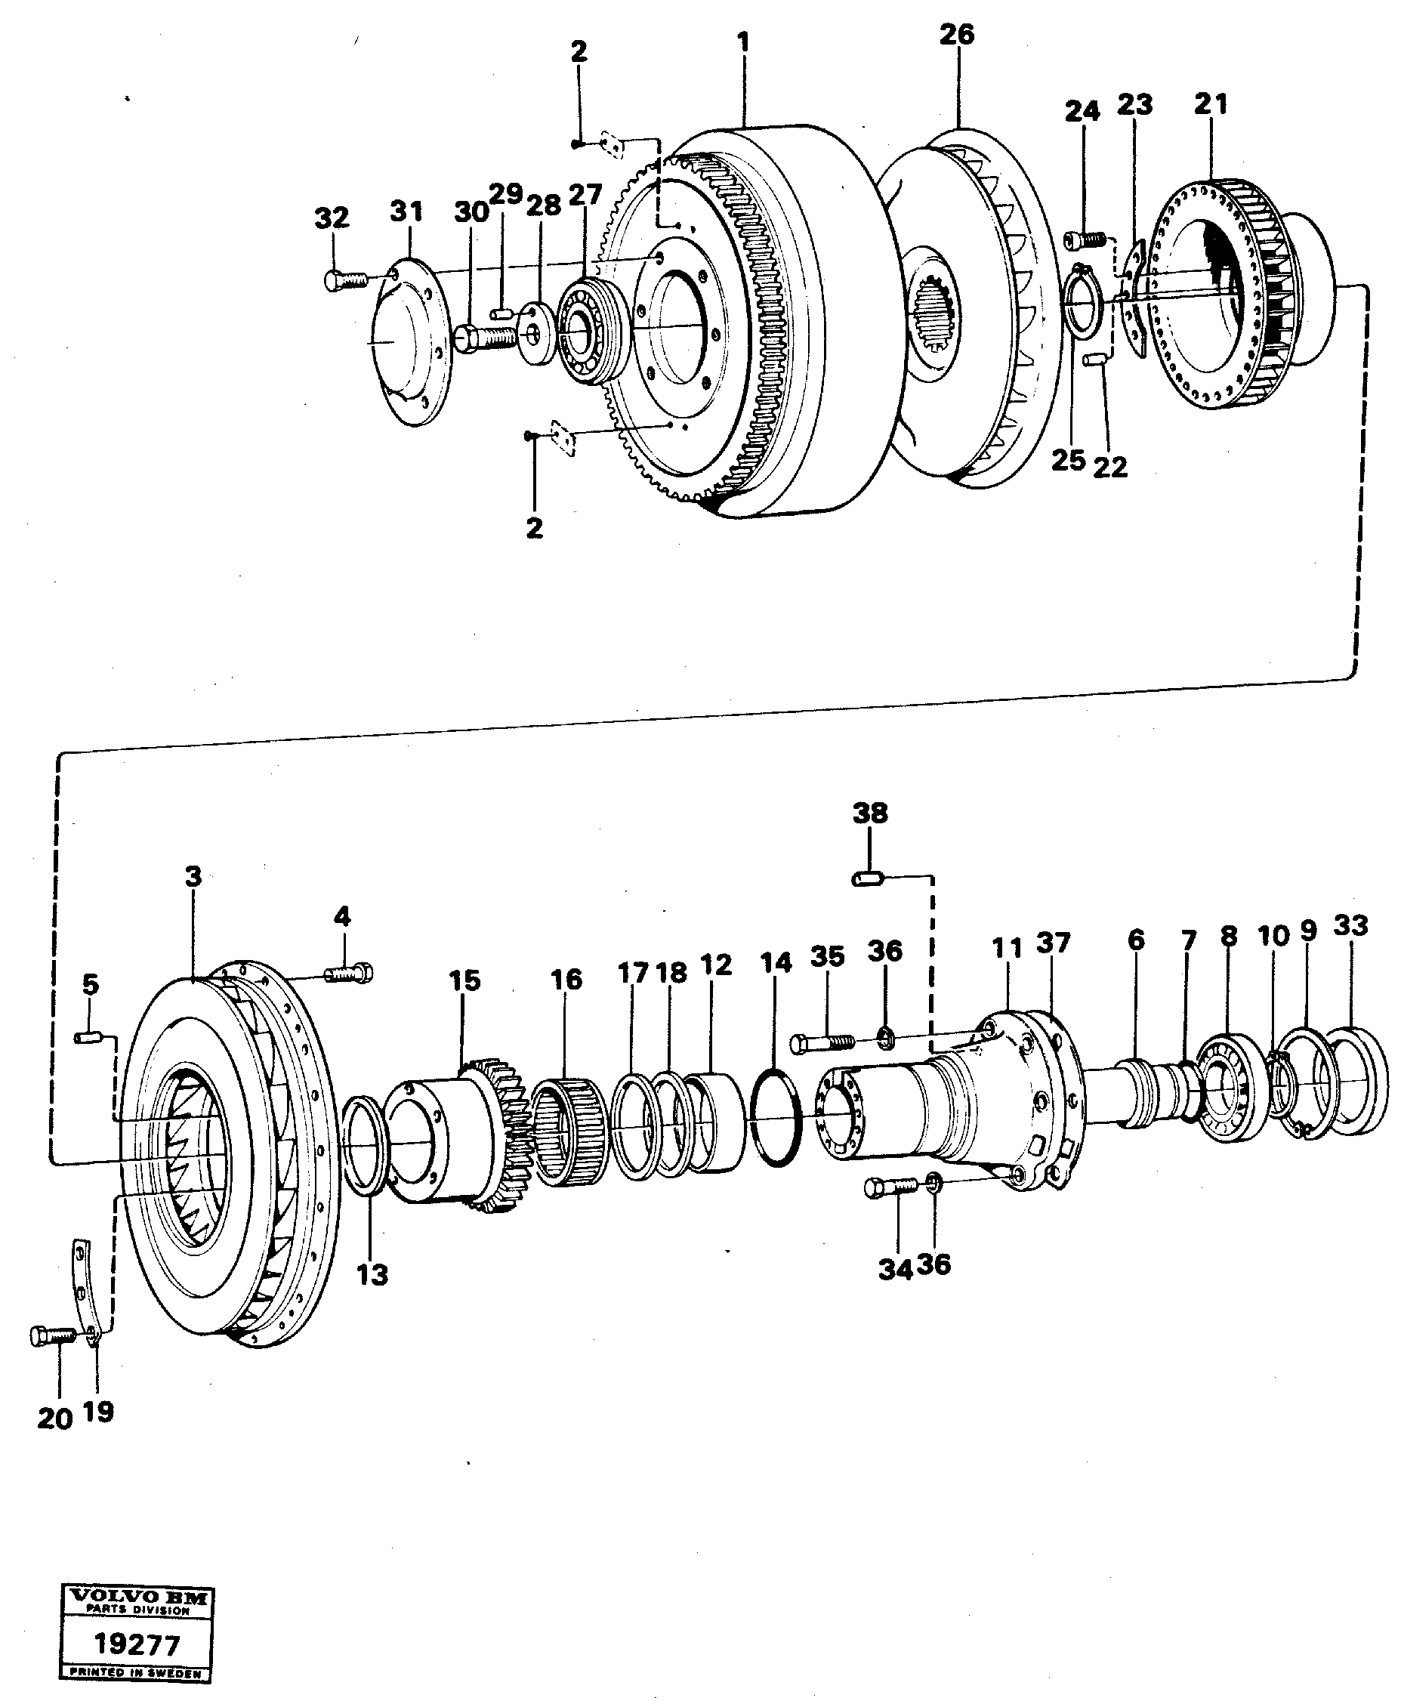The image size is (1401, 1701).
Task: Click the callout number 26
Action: click(956, 35)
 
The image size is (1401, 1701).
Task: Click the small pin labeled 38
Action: click(869, 878)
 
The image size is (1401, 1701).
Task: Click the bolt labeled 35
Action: click(822, 1043)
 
